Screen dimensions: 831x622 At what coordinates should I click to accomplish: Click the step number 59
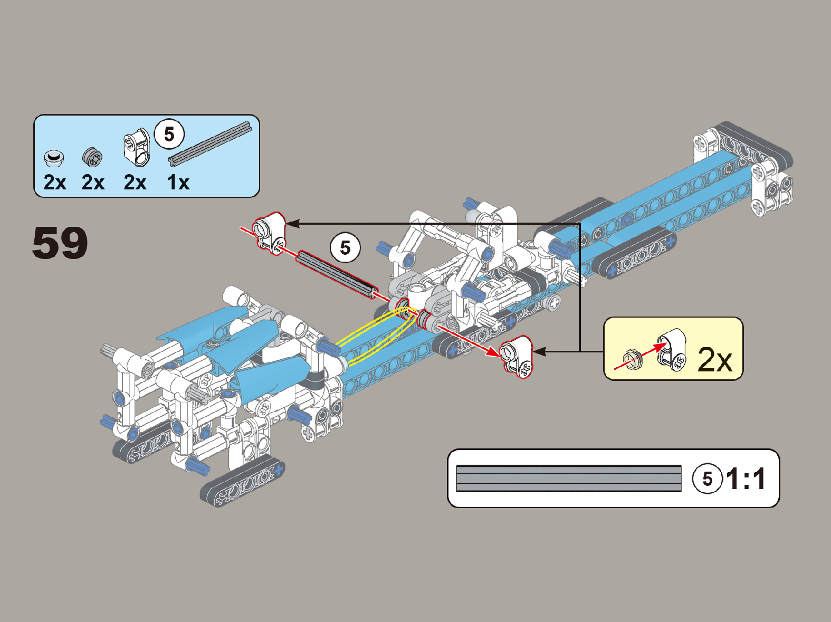tap(60, 243)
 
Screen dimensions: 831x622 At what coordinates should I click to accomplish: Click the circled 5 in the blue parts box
tap(169, 134)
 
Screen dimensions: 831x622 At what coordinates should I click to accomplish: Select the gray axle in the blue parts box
tap(209, 143)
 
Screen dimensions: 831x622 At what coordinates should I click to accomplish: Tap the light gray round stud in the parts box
tap(54, 157)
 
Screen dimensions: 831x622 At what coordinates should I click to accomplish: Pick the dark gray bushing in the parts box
tap(92, 157)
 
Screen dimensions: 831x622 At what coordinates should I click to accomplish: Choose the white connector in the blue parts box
tap(137, 147)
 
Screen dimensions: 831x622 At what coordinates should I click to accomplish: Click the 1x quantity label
tap(178, 183)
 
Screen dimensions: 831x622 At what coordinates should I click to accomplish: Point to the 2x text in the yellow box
tap(715, 360)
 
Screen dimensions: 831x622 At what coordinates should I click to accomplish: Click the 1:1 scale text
tap(746, 479)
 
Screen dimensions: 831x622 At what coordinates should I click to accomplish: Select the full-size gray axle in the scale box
tap(569, 479)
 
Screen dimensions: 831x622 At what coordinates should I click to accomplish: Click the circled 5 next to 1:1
tap(707, 479)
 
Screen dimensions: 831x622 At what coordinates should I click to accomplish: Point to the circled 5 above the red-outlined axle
tap(345, 247)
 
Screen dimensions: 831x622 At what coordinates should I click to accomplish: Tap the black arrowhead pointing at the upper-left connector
tap(292, 224)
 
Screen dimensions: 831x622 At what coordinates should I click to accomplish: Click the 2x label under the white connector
tap(135, 183)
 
